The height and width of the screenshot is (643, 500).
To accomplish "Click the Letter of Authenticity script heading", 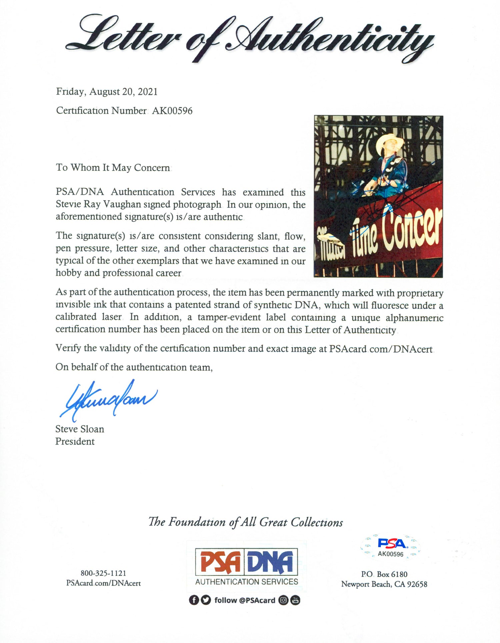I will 250,38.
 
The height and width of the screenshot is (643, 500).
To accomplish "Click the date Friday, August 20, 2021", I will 107,92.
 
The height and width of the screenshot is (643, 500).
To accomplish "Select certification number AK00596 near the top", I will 172,111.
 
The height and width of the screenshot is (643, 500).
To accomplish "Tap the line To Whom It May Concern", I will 113,168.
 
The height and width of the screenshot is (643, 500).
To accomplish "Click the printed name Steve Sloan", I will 80,429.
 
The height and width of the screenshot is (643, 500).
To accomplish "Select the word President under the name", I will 75,441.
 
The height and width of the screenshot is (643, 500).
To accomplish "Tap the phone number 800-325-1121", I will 103,573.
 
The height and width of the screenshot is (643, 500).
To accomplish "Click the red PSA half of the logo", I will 221,562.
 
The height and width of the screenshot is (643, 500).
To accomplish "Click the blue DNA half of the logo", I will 271,562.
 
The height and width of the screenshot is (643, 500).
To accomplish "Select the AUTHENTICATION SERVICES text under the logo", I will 247,582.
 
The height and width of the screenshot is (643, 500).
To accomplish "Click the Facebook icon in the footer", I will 194,600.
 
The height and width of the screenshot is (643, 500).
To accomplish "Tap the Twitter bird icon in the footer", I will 206,600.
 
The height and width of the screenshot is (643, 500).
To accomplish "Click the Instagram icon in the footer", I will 283,600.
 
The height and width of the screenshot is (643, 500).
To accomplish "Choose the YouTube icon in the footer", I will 295,600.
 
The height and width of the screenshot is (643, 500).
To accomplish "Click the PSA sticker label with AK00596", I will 390,547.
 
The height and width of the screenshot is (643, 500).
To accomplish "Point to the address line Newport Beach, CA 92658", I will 384,584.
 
